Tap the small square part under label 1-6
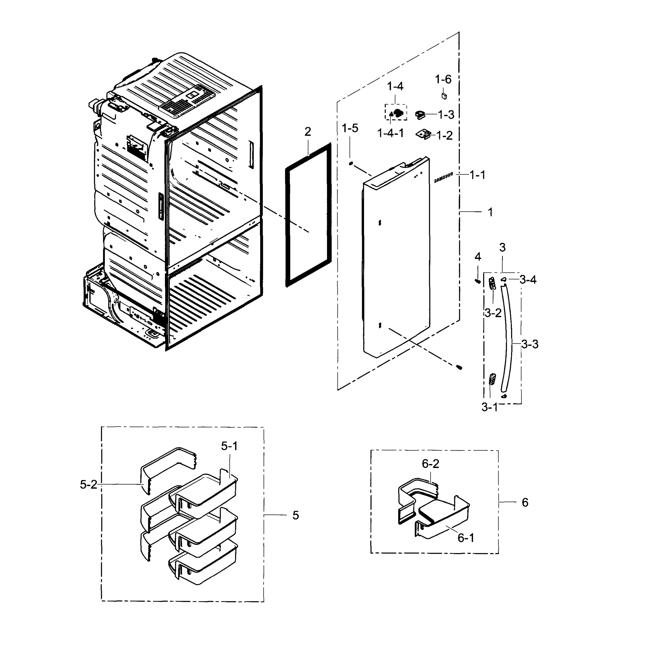pyautogui.click(x=444, y=96)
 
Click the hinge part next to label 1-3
pyautogui.click(x=420, y=115)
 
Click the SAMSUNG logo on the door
pyautogui.click(x=443, y=177)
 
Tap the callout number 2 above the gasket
pyautogui.click(x=308, y=132)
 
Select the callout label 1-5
pyautogui.click(x=350, y=129)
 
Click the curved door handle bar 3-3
pyautogui.click(x=508, y=338)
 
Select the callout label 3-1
pyautogui.click(x=489, y=407)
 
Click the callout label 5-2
pyautogui.click(x=88, y=484)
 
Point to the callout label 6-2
pyautogui.click(x=430, y=464)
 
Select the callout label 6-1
pyautogui.click(x=466, y=538)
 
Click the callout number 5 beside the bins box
pyautogui.click(x=296, y=515)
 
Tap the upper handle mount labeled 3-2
pyautogui.click(x=492, y=283)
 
